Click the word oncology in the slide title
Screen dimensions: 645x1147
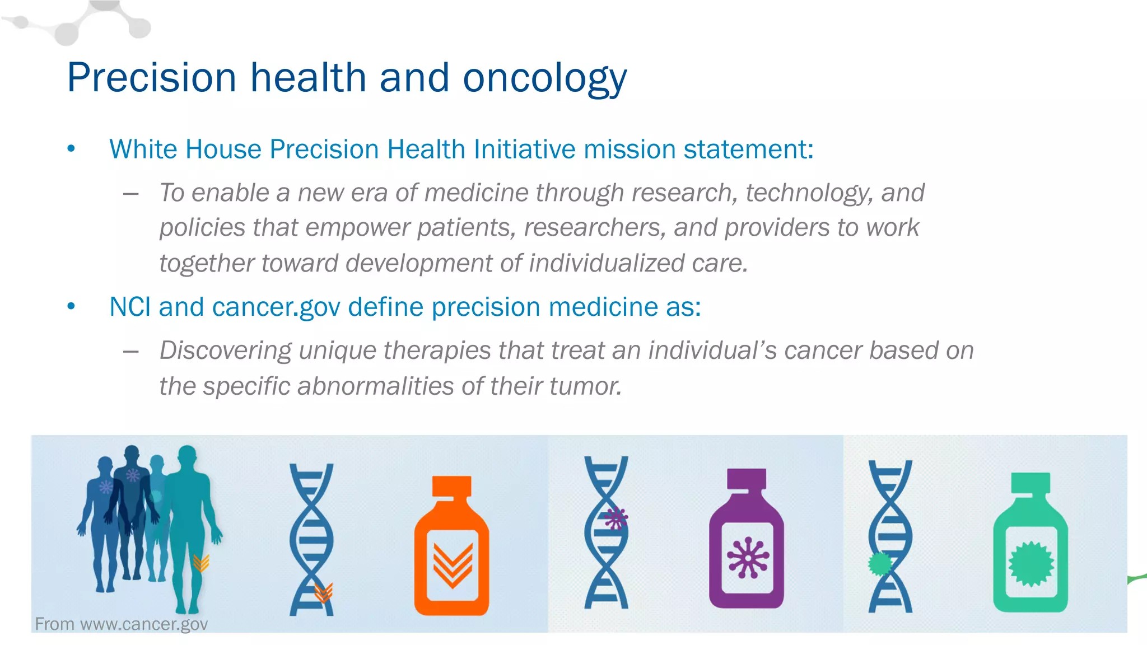click(544, 78)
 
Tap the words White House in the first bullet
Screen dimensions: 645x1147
click(185, 149)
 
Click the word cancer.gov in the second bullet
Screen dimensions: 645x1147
click(276, 307)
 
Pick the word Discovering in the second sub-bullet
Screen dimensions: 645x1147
click(225, 350)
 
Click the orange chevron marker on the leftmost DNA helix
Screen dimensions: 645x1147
click(324, 592)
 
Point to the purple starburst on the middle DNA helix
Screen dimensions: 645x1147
click(616, 518)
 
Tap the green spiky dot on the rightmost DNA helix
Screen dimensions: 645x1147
click(879, 563)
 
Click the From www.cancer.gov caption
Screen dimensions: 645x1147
click(121, 624)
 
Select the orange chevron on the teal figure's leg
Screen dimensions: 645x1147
click(201, 562)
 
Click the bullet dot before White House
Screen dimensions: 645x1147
click(71, 149)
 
